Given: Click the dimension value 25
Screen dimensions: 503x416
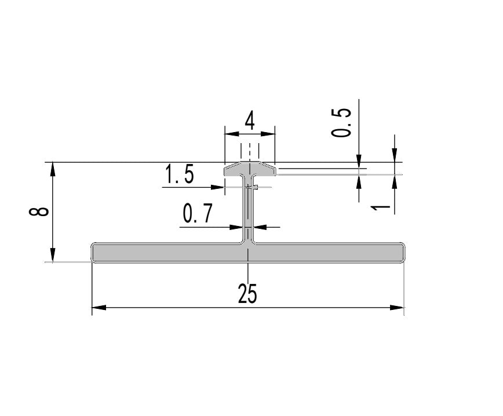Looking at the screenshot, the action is tap(247, 294).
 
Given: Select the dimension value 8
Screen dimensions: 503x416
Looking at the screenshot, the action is tap(39, 211).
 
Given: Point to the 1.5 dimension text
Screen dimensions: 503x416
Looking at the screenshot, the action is tap(179, 174).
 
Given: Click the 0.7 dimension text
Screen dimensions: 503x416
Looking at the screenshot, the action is tap(198, 213).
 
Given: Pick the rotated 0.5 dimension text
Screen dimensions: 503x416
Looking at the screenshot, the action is tap(341, 123).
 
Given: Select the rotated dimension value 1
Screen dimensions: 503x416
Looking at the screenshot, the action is tap(381, 208).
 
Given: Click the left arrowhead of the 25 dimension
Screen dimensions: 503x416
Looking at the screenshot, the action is tap(99, 308).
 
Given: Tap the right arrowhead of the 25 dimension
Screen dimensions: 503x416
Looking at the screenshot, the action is tap(397, 308).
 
